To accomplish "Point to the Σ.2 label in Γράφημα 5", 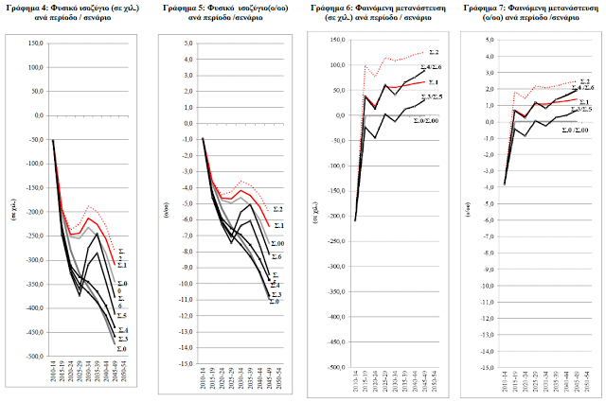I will [x=278, y=208].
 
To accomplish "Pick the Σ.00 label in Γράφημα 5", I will [x=277, y=244].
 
